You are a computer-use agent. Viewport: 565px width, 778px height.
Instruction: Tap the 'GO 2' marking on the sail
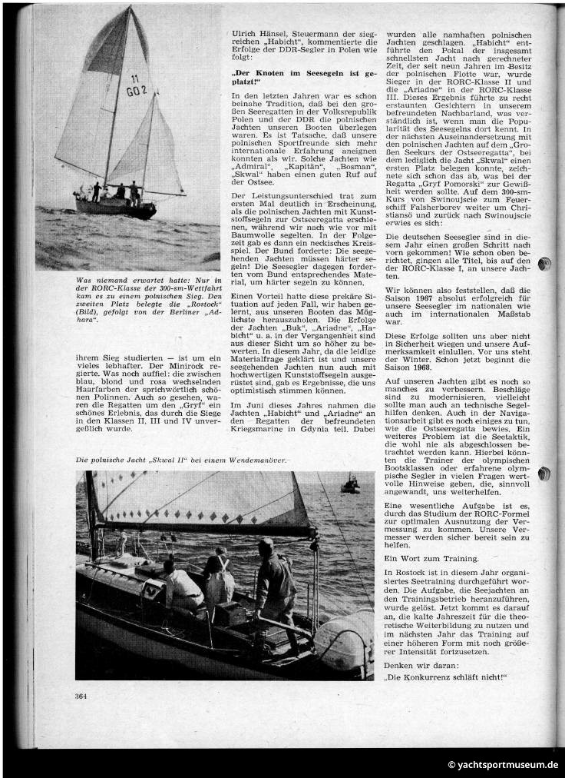[137, 90]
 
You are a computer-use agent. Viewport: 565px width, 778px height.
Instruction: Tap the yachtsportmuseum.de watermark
[504, 765]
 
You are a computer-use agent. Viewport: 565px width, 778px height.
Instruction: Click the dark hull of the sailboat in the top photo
[115, 208]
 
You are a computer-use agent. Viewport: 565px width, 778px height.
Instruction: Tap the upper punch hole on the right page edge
[545, 264]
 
